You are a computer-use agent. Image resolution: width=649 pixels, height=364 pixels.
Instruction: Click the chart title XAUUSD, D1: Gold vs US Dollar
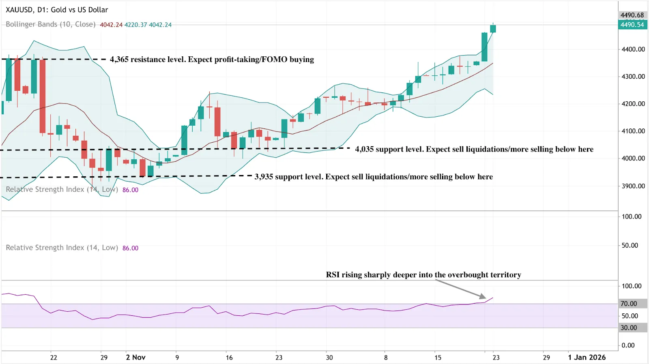pyautogui.click(x=57, y=10)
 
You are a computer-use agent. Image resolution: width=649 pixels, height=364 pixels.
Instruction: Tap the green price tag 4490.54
pyautogui.click(x=632, y=25)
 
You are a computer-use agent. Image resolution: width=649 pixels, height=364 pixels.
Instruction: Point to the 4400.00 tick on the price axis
pyautogui.click(x=633, y=49)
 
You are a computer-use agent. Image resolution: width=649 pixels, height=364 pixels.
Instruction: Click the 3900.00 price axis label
pyautogui.click(x=633, y=186)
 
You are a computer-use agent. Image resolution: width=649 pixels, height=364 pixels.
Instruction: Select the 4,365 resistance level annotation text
pyautogui.click(x=212, y=60)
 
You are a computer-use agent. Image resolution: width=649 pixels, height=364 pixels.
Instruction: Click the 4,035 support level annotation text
pyautogui.click(x=474, y=149)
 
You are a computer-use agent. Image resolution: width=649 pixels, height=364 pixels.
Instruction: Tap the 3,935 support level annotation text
pyautogui.click(x=374, y=177)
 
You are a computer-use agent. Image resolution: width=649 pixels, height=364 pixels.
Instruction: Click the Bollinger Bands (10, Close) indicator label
pyautogui.click(x=51, y=24)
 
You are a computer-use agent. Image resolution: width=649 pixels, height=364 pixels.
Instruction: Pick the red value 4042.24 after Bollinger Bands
pyautogui.click(x=111, y=25)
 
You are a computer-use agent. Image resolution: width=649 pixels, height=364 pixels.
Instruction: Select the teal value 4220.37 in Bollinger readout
pyautogui.click(x=135, y=25)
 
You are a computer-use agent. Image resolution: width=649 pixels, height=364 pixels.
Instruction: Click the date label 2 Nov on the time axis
pyautogui.click(x=135, y=358)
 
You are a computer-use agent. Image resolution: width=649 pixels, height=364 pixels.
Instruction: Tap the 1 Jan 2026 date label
pyautogui.click(x=587, y=358)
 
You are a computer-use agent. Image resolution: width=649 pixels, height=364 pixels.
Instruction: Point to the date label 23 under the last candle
pyautogui.click(x=496, y=358)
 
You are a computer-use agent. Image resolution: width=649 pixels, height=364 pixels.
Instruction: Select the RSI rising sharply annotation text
pyautogui.click(x=423, y=275)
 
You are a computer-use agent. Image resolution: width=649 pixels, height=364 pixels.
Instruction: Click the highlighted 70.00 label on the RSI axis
pyautogui.click(x=629, y=304)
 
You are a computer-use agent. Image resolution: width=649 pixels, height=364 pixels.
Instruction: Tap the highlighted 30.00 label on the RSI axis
pyautogui.click(x=629, y=328)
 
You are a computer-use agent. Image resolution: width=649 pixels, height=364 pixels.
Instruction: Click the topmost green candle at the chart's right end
pyautogui.click(x=493, y=28)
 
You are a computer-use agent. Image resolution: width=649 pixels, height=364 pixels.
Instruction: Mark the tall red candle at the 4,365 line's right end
pyautogui.click(x=43, y=96)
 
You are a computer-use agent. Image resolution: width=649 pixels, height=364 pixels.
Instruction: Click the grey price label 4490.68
pyautogui.click(x=632, y=15)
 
